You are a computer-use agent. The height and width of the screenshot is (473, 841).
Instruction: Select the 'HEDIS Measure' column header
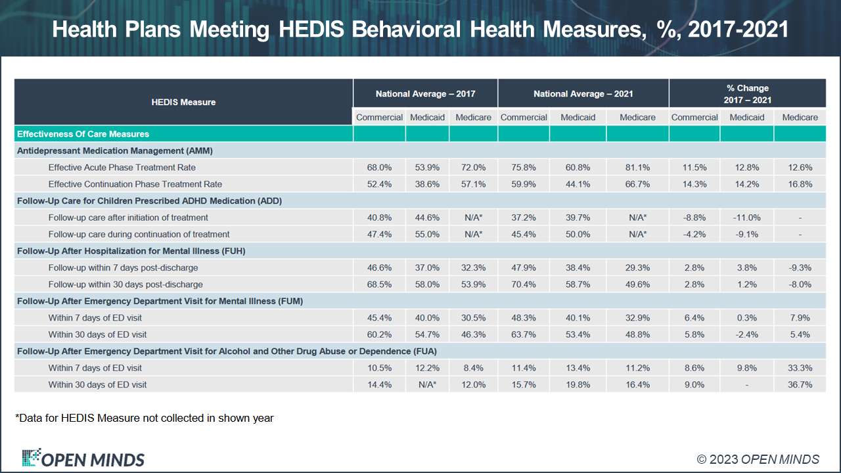183,102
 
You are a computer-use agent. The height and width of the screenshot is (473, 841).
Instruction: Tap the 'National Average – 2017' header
425,94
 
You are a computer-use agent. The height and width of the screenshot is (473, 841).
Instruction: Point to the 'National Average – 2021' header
583,94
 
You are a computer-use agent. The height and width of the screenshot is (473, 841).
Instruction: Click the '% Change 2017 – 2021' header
747,94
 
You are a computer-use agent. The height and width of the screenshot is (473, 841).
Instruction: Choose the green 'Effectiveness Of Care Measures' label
83,134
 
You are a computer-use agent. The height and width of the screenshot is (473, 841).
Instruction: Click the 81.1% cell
637,168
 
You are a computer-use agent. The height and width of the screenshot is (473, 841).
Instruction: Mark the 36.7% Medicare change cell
800,384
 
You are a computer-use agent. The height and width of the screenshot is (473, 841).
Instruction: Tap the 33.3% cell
800,368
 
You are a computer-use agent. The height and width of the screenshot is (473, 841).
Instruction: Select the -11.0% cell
746,217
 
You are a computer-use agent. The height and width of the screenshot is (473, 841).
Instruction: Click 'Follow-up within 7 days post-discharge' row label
123,267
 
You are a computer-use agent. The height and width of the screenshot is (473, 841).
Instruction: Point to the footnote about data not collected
144,418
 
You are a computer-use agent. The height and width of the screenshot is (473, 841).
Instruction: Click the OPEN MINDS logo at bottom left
83,459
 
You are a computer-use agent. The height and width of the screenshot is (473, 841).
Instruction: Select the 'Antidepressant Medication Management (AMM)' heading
114,150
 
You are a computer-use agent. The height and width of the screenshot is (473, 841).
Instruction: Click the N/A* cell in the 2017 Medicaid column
427,384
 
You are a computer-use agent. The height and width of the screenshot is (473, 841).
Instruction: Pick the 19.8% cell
578,384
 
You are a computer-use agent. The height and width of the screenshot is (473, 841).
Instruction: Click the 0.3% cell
746,318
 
